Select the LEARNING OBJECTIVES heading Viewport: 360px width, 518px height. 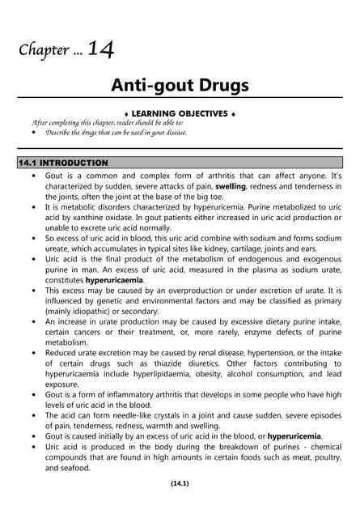[181, 113]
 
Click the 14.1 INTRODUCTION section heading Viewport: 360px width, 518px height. [63, 163]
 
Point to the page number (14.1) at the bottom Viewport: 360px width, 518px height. [180, 483]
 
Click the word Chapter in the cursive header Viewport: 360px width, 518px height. [45, 52]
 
